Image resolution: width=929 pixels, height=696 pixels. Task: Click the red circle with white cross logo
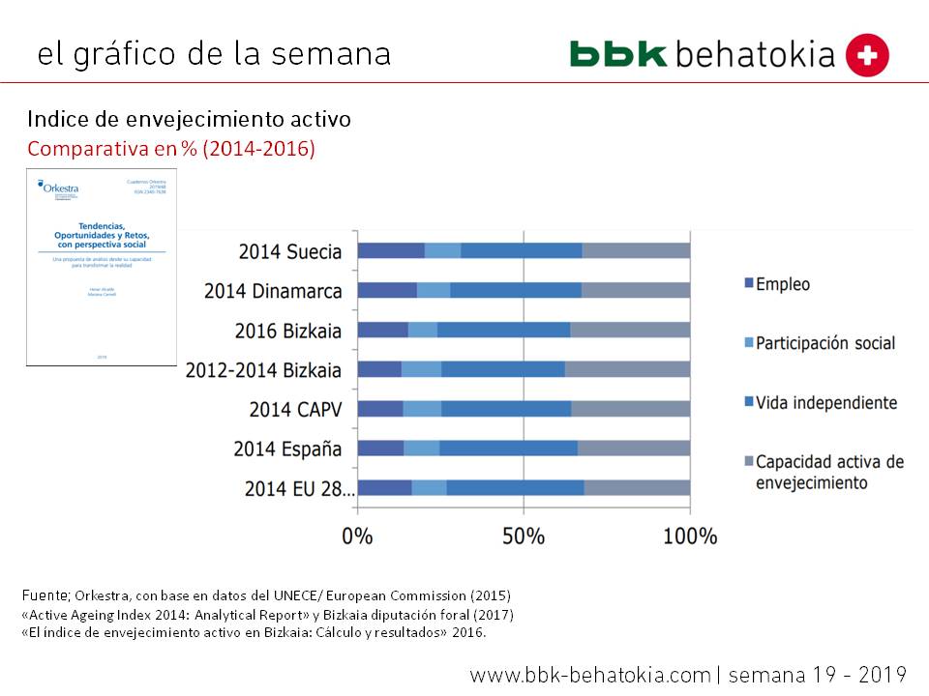point(867,54)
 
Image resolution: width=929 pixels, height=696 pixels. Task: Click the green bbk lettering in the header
point(618,53)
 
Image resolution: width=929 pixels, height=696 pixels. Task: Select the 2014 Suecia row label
point(290,251)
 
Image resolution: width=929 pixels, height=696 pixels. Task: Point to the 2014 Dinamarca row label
point(273,291)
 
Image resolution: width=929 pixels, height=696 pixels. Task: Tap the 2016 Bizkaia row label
point(288,331)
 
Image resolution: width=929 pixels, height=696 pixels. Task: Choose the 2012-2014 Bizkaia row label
point(263,369)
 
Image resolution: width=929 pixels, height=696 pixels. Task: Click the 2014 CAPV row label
point(295,409)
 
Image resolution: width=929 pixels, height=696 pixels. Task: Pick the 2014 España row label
point(287,449)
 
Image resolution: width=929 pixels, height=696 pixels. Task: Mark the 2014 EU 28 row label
point(299,488)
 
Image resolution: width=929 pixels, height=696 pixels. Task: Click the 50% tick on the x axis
point(524,536)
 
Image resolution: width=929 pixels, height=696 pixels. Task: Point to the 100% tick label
point(689,536)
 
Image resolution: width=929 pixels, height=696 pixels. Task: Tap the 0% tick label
point(358,536)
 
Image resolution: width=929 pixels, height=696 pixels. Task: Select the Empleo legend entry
point(783,284)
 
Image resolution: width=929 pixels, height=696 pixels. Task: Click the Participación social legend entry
point(824,343)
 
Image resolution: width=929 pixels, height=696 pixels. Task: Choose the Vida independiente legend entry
point(825,402)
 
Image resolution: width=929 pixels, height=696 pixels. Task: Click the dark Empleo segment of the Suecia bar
point(391,251)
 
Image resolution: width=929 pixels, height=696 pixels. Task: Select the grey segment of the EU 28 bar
point(637,487)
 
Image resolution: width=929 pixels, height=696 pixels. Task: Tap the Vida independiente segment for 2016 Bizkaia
point(503,330)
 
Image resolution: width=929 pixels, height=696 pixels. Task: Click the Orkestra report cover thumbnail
point(102,267)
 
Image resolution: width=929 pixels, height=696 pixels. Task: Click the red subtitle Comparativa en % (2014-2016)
point(171,150)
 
